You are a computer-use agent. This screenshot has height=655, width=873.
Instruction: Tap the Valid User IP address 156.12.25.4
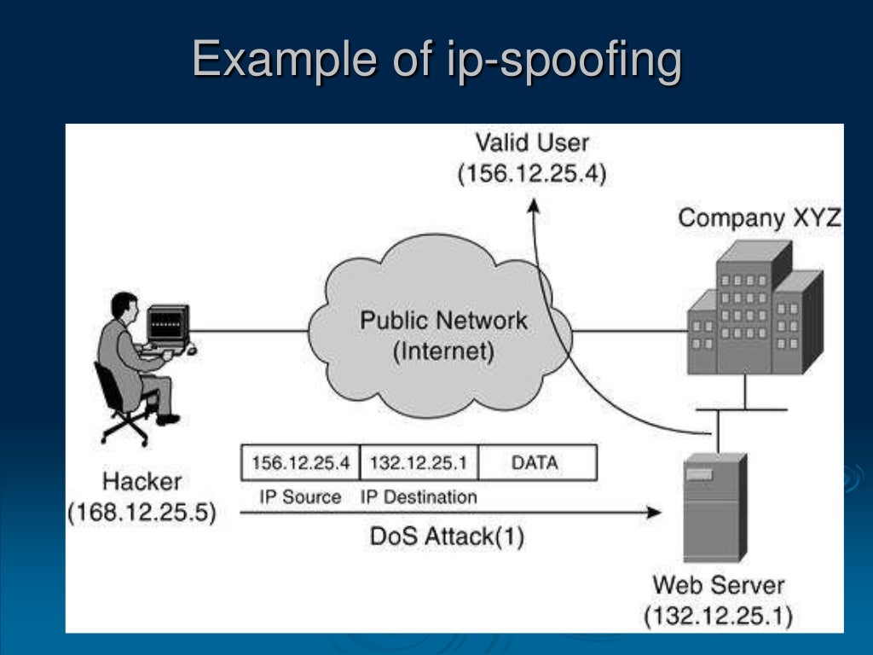click(532, 174)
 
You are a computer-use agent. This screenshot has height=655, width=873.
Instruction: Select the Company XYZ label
click(760, 217)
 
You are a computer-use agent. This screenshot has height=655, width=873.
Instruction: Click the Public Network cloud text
click(443, 335)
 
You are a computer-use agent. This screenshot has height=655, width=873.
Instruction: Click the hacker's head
click(124, 307)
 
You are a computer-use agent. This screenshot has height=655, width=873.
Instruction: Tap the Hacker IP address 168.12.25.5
click(142, 513)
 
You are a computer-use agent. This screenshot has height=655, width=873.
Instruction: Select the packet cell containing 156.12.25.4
click(301, 462)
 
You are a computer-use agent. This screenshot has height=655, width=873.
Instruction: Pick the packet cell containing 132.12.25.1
click(419, 462)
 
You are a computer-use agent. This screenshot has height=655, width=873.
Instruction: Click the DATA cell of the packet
click(538, 462)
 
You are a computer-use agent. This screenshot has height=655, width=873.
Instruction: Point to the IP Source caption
click(300, 497)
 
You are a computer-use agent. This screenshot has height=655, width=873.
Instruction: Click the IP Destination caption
click(419, 497)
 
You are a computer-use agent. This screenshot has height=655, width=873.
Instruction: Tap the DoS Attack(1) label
click(447, 537)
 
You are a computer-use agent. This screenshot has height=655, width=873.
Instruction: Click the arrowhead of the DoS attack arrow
click(654, 512)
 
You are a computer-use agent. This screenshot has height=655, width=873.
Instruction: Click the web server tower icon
click(715, 507)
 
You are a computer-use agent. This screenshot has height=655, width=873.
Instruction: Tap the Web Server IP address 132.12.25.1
click(718, 617)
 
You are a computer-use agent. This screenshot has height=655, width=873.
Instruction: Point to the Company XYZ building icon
click(755, 307)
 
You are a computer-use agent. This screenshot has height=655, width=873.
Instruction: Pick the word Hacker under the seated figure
click(142, 481)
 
